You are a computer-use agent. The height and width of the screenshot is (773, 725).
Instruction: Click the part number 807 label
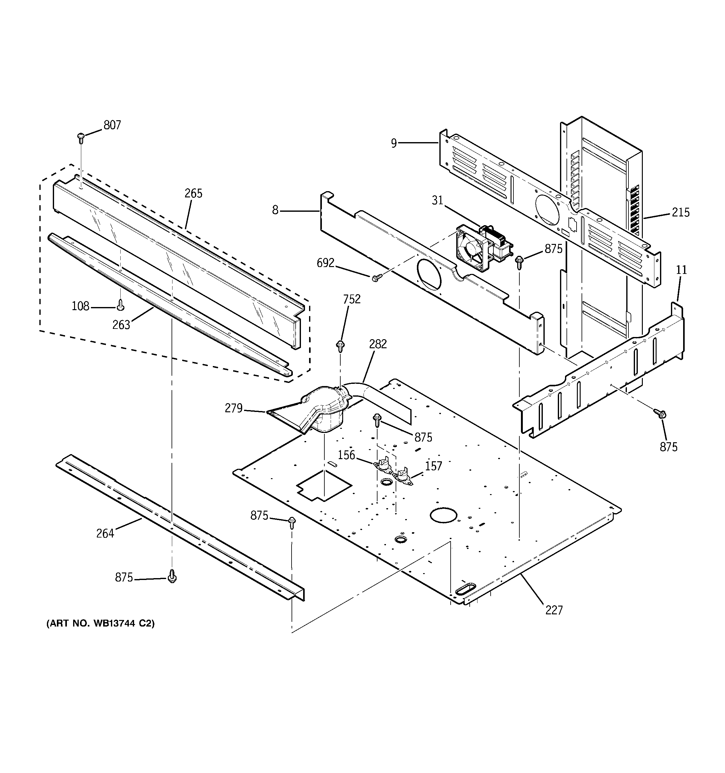112,125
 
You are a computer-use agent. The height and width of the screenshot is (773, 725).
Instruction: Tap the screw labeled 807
81,137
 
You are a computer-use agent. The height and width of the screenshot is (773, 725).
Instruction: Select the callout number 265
193,193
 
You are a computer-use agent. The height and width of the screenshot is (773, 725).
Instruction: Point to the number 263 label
121,325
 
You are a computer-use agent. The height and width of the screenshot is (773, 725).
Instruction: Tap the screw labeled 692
376,278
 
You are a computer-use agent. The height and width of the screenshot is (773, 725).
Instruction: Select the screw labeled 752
340,344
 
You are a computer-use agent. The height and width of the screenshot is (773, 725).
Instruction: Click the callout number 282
378,344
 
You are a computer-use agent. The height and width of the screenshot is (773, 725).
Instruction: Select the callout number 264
105,533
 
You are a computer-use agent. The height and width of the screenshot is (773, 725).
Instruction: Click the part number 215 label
680,212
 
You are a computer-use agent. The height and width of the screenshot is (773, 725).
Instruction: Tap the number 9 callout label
394,143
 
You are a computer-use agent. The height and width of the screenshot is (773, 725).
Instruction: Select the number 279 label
233,408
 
